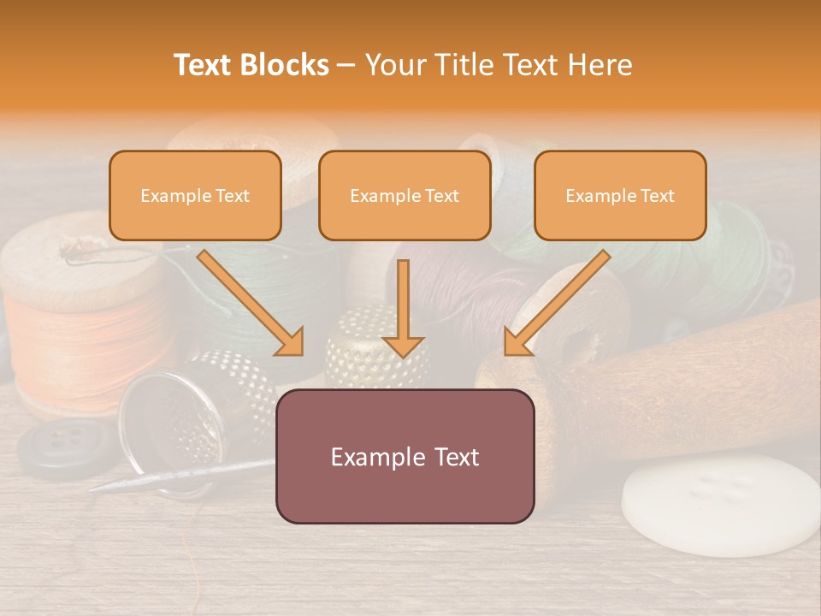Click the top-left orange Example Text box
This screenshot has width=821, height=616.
(x=195, y=195)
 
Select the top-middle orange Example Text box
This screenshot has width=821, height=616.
(x=405, y=195)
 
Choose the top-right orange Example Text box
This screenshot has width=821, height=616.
(x=620, y=195)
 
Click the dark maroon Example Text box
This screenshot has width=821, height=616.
(x=405, y=456)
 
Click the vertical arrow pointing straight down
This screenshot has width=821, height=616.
(x=404, y=308)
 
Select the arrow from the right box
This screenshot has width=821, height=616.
(x=557, y=303)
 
